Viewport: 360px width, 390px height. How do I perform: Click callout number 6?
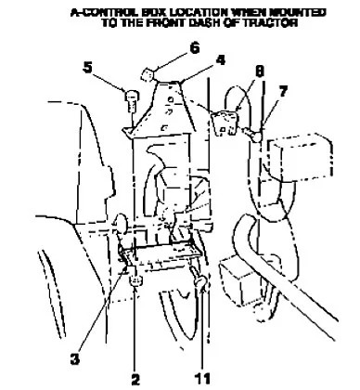(195, 48)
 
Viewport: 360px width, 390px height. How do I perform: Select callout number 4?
(220, 59)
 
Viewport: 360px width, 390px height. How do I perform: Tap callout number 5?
(88, 68)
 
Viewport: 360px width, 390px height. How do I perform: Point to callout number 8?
(260, 71)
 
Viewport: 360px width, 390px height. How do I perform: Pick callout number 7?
(283, 91)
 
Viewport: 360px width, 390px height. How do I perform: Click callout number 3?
(75, 359)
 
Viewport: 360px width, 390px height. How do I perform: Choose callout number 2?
(135, 380)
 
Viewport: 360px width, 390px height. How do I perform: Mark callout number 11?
(202, 379)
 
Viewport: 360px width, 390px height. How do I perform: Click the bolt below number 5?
(132, 100)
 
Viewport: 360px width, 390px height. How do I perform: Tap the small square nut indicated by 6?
(147, 75)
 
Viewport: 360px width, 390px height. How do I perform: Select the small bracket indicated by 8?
(225, 123)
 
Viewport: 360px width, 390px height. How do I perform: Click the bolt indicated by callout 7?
(252, 135)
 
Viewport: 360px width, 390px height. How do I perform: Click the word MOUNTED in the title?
(297, 13)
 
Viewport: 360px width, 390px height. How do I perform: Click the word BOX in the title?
(155, 13)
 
